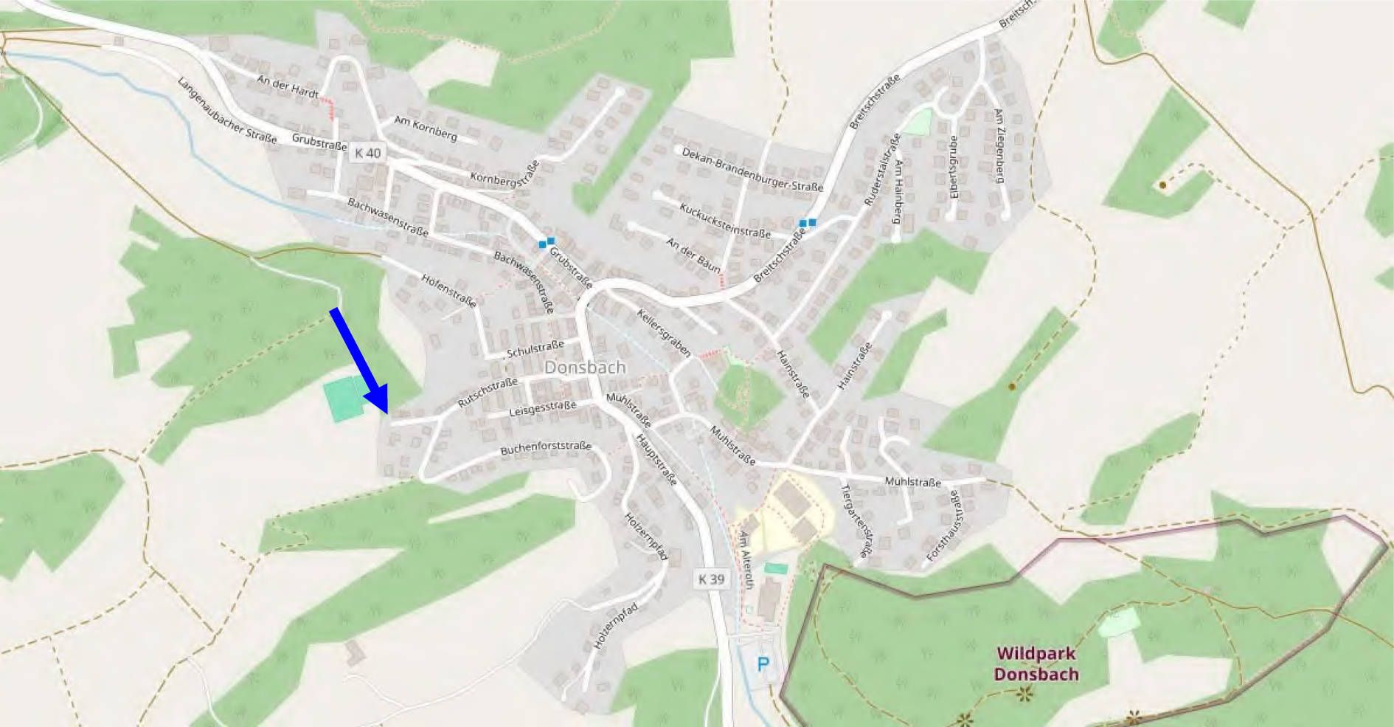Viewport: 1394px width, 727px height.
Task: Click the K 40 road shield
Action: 367,153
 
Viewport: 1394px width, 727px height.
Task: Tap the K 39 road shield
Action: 711,579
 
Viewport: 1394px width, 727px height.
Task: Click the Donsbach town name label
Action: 585,367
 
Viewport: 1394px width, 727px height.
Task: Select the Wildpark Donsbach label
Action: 1036,664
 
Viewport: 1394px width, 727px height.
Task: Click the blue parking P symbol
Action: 763,664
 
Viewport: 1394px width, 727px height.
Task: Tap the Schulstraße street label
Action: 535,348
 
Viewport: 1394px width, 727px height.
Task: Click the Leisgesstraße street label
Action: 542,408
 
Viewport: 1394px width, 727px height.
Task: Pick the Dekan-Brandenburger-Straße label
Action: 752,170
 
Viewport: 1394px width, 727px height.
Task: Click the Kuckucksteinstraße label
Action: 724,220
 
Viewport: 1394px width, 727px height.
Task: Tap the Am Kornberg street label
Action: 426,128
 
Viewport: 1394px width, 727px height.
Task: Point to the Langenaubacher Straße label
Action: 226,111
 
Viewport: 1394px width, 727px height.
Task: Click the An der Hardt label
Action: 288,86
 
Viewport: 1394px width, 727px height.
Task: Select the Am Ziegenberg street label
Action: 999,145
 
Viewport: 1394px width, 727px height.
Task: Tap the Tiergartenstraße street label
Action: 856,520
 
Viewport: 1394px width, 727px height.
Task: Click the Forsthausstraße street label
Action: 945,525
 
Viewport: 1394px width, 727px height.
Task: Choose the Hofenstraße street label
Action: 448,289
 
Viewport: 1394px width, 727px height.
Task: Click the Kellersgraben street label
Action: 664,332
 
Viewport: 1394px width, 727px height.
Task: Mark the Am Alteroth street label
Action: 746,559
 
